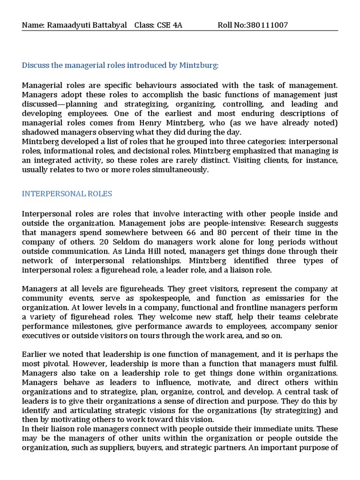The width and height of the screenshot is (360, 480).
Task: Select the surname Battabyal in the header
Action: coord(108,25)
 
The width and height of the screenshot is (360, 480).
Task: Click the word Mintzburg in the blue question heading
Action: coord(198,65)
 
